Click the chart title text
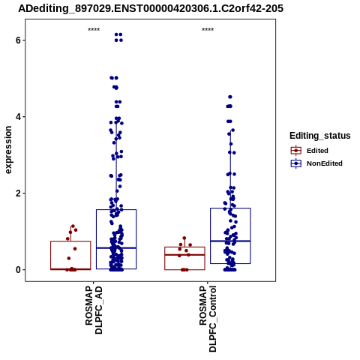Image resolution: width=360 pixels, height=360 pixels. point(151,8)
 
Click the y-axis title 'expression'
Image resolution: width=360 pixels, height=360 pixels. point(8,150)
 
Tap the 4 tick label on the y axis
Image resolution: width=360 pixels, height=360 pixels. point(18,117)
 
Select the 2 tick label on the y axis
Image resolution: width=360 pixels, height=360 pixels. point(18,193)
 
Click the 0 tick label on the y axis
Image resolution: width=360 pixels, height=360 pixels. point(18,270)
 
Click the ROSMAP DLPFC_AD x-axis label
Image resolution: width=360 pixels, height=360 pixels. point(94,310)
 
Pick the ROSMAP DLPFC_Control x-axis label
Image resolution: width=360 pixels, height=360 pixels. point(208,319)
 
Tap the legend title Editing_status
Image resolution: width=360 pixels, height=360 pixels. point(320,136)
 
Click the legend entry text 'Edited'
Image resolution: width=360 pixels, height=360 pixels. point(317,151)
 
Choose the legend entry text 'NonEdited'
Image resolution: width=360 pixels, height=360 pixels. point(325,163)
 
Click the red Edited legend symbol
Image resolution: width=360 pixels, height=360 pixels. point(296,151)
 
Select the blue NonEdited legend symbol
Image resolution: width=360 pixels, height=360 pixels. point(296,163)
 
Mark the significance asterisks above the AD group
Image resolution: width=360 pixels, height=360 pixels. point(94,29)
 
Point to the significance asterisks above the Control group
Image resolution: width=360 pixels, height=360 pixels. point(208,29)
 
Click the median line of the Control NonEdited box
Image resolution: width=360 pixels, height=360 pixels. point(230,241)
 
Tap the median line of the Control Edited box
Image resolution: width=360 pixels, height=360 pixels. point(184,255)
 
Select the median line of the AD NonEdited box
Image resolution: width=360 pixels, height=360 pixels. point(116,247)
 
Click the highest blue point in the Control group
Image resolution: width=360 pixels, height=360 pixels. point(230,97)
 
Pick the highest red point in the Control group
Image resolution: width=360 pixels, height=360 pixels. point(184,238)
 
